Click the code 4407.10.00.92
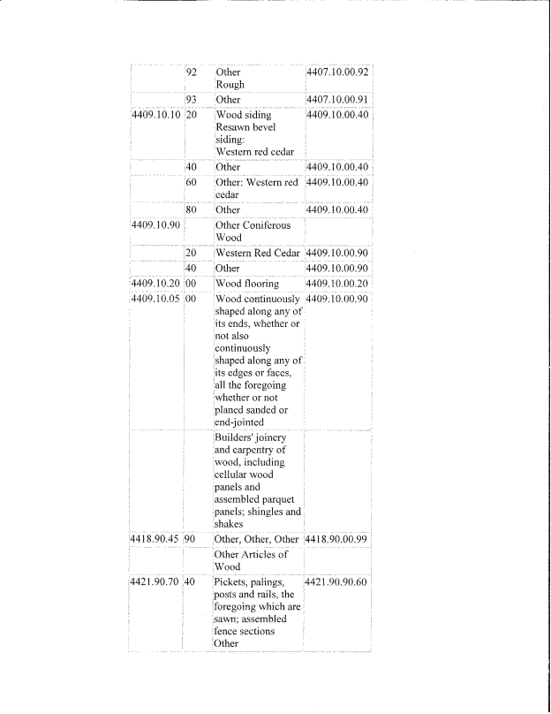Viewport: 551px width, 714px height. coord(336,72)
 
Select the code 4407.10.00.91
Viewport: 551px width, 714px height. coord(336,100)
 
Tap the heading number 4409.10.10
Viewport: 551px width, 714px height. coord(155,116)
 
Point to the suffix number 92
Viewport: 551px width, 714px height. coord(190,72)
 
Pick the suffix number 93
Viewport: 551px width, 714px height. coord(190,100)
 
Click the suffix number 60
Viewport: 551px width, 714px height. coord(190,182)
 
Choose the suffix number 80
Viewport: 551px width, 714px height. coord(190,209)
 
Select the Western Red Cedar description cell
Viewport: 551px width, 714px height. coord(257,253)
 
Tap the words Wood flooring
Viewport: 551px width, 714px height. coord(247,284)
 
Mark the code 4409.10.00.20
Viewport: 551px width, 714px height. coord(336,284)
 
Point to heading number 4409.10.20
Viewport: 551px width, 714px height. coord(155,284)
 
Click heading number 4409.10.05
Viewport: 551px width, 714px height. coord(155,300)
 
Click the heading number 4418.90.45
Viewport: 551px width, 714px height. coord(155,538)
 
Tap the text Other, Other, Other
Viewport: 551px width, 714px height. coord(257,538)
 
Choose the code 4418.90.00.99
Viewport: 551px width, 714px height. coord(336,538)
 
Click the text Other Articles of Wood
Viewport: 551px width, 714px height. coord(251,560)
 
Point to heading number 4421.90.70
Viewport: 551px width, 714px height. coord(155,582)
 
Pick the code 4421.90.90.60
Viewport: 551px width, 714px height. coord(336,582)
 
